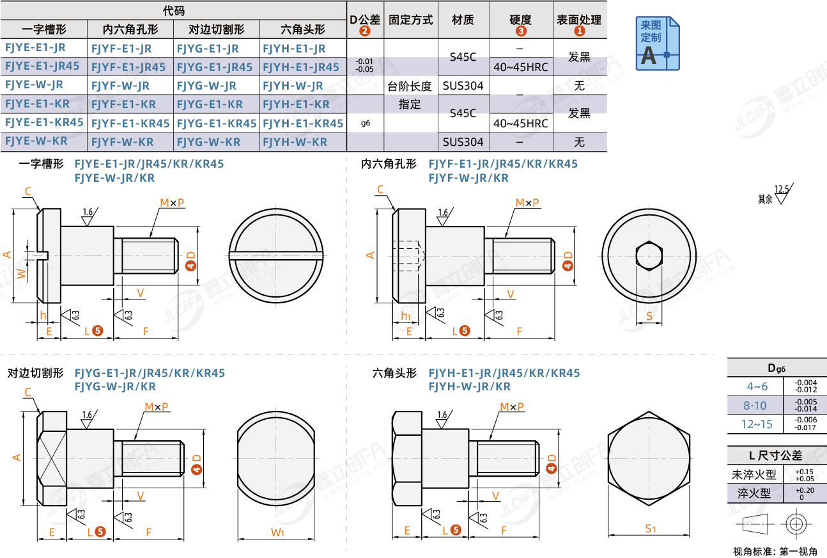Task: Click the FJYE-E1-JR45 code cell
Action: pos(43,66)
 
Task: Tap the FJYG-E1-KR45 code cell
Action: pos(217,123)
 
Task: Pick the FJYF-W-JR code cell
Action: pos(121,85)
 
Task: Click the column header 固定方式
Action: pos(410,20)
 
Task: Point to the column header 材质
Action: pos(463,20)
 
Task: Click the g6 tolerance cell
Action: pos(365,123)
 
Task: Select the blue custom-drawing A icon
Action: pos(658,44)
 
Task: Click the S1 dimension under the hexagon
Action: pos(649,528)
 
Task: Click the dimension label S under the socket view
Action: pos(649,315)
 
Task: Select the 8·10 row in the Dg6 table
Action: pos(755,405)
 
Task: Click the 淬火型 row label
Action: pos(754,493)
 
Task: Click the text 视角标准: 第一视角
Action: pos(775,551)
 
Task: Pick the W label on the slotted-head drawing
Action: pos(21,274)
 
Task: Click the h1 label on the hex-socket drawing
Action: pos(406,315)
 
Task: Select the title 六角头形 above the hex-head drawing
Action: pos(394,373)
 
